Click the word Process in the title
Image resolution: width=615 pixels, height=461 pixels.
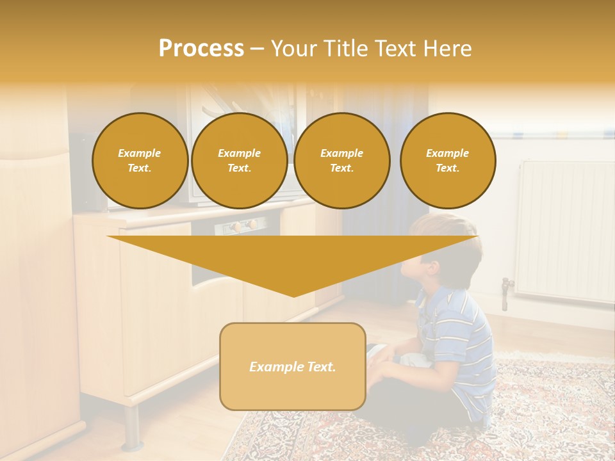(x=201, y=49)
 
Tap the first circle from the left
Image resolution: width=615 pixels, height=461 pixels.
(x=140, y=161)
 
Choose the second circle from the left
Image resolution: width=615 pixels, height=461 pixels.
(x=240, y=161)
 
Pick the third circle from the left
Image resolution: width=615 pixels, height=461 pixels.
(x=342, y=161)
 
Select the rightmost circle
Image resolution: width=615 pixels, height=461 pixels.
(x=448, y=161)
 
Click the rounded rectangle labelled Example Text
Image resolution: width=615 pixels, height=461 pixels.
(x=293, y=366)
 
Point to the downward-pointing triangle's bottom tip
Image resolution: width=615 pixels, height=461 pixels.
(x=293, y=295)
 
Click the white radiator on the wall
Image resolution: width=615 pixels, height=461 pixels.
(x=564, y=230)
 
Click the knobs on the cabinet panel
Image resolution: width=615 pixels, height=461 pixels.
(x=244, y=225)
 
